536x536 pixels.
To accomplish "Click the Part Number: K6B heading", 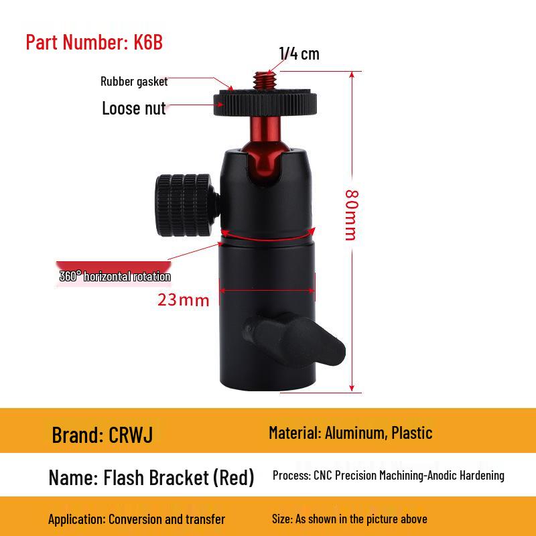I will coord(94,42).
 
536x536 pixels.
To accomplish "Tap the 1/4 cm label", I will coord(299,54).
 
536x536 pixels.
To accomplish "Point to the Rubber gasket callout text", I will coord(134,82).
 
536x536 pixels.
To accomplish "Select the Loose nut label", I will coord(133,108).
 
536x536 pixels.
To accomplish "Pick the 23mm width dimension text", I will coord(183,299).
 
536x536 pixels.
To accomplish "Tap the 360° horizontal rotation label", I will coord(115,276).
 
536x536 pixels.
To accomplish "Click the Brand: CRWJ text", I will coord(103,435).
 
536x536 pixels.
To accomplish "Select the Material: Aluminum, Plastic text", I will coord(350,433).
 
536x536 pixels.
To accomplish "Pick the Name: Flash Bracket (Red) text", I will coord(151,478).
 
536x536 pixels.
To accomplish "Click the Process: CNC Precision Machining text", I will coord(388,476).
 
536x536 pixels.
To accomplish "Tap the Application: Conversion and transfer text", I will coord(137,519).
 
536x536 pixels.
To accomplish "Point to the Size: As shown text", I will coord(349,519).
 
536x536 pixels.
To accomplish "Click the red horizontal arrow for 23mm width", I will coord(267,291).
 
